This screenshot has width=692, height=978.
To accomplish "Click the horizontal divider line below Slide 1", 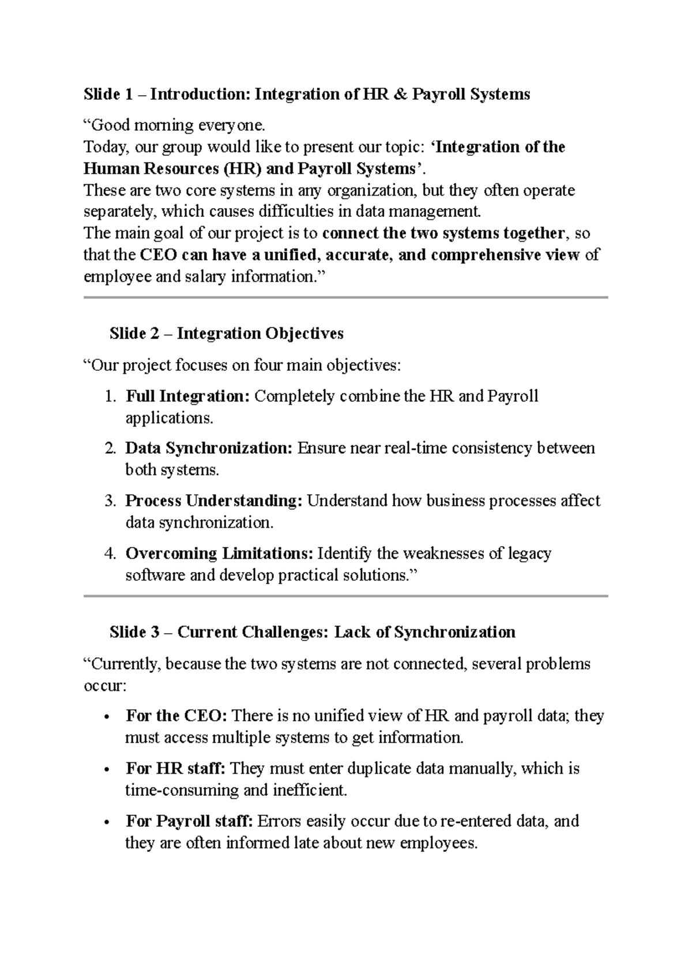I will coord(346,298).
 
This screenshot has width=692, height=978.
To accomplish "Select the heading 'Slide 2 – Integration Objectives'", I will coord(226,333).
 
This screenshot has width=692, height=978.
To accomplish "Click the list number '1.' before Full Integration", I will coord(111,397).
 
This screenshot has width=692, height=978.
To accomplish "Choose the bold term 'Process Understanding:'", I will coord(214,501).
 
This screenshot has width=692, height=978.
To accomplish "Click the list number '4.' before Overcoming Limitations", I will coord(111,554).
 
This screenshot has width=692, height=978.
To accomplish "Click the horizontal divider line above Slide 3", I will coord(346,596).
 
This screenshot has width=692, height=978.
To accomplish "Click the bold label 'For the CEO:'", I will coord(176,716).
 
